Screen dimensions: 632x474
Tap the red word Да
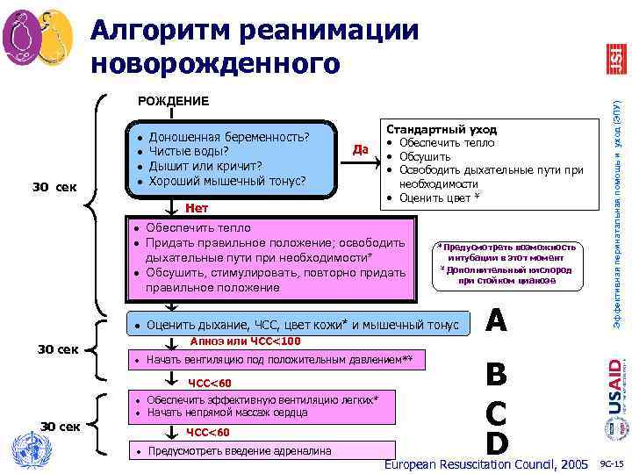click(x=360, y=148)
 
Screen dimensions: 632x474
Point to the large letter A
click(x=497, y=321)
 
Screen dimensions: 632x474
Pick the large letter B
click(x=496, y=376)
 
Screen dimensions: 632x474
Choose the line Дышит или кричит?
click(x=206, y=166)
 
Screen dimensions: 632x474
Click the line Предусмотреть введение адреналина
click(x=238, y=451)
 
